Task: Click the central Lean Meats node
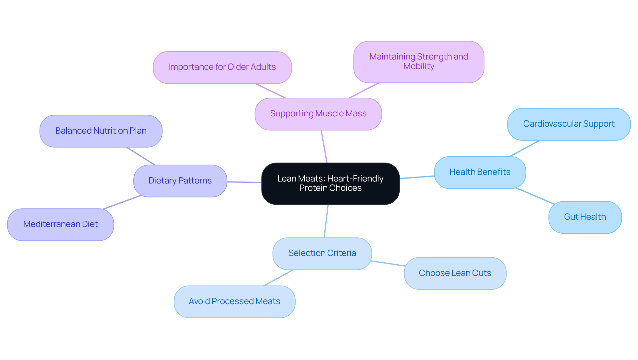tap(330, 183)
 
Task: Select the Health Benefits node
tap(480, 172)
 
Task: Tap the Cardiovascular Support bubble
tap(569, 124)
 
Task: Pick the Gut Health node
tap(585, 217)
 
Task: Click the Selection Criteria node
tap(322, 253)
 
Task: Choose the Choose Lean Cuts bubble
tap(455, 273)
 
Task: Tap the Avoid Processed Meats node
tap(234, 301)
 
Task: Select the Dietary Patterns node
tap(180, 181)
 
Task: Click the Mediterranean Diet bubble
tap(60, 224)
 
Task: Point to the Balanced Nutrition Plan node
tap(101, 131)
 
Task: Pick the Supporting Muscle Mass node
tap(318, 114)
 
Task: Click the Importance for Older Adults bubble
tap(222, 67)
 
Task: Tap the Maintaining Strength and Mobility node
tap(419, 62)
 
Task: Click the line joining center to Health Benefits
tap(417, 177)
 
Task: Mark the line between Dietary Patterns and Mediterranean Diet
tap(122, 202)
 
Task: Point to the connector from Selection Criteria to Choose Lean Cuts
tap(388, 263)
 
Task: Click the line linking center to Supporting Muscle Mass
tap(324, 146)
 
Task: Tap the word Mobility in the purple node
tap(419, 66)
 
